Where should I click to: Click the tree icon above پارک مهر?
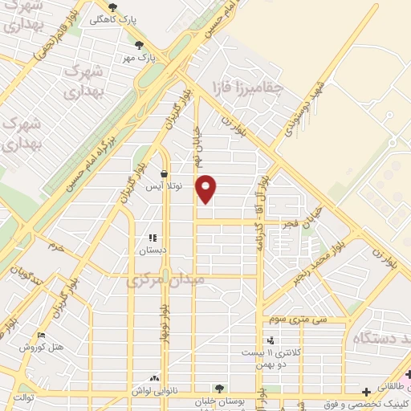pos(140,45)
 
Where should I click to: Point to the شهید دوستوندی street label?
pos(298,110)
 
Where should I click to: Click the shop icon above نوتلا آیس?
pos(164,173)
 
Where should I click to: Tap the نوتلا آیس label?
pos(164,185)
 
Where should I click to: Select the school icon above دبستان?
pos(153,238)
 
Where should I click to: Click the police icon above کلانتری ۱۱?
pos(270,340)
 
